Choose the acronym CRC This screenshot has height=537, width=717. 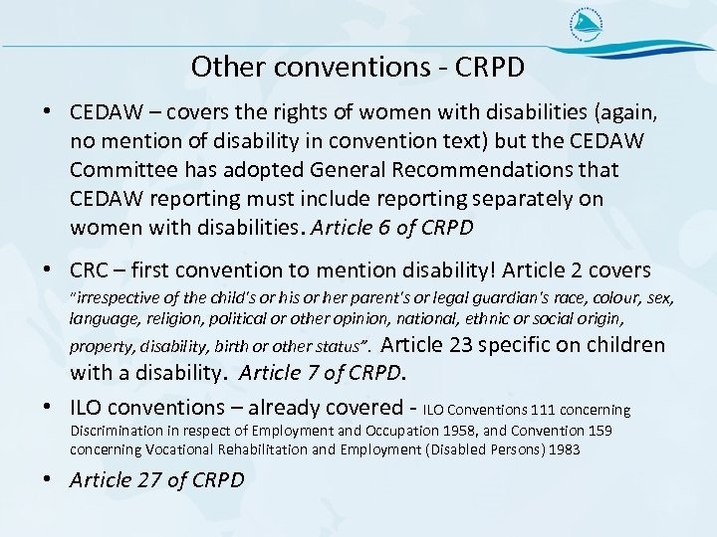point(89,270)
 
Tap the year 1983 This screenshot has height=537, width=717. point(568,448)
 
